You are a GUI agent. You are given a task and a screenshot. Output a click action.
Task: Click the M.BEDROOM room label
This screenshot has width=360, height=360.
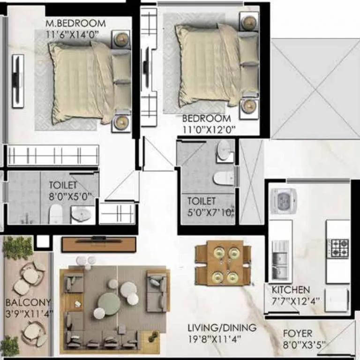click(75, 23)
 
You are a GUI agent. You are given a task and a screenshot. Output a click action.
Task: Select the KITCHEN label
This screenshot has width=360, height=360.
click(291, 290)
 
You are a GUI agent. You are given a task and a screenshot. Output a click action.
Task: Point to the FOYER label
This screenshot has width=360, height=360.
click(297, 334)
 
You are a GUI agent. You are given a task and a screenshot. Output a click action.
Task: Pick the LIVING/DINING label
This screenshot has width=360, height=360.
click(222, 327)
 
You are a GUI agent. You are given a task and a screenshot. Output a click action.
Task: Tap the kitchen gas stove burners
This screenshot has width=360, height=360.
click(338, 247)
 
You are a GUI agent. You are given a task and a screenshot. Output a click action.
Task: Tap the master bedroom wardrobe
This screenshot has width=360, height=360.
click(52, 155)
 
